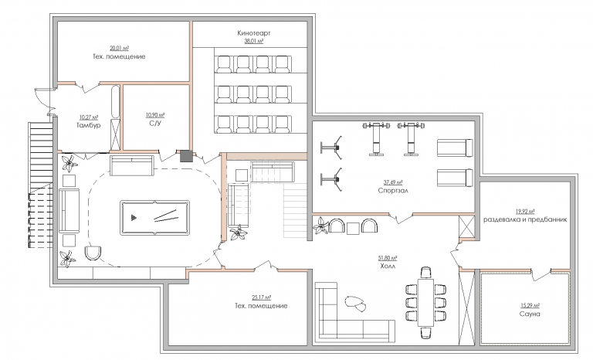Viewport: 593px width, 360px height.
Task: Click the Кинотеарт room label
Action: (x=254, y=33)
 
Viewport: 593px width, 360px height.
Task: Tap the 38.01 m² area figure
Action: (x=254, y=41)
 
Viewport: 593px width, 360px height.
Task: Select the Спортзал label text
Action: (x=393, y=190)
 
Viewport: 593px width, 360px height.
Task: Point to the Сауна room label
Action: (x=530, y=314)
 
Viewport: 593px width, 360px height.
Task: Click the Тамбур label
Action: (x=89, y=125)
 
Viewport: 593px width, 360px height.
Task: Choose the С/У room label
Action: (x=155, y=123)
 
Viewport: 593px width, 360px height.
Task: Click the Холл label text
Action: (x=388, y=266)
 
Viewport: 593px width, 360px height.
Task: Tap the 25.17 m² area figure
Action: (x=261, y=297)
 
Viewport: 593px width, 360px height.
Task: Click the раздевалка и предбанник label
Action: (x=525, y=219)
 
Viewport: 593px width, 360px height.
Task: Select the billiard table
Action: (x=154, y=218)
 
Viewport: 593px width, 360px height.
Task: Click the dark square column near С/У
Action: (x=186, y=156)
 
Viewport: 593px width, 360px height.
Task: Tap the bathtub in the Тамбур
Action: (x=115, y=102)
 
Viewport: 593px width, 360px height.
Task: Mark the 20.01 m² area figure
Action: (x=119, y=49)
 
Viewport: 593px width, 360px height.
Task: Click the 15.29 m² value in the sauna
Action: (x=530, y=306)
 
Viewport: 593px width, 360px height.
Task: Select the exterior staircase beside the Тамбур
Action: (x=40, y=185)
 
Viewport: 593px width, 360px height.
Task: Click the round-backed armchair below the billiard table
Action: (x=93, y=253)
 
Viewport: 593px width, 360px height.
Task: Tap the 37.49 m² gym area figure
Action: (x=393, y=182)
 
